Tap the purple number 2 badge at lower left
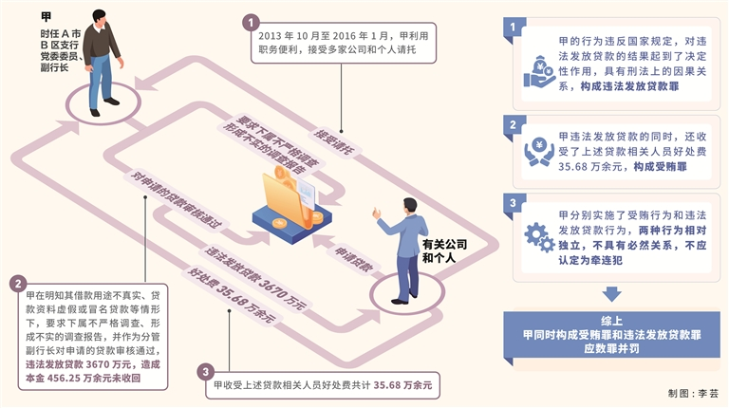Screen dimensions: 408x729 17,284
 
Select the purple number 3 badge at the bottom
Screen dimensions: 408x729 207,371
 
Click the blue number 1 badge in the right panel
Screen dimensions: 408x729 513,28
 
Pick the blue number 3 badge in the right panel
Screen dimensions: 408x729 513,203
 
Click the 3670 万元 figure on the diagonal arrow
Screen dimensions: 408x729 281,290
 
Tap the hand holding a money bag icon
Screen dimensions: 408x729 538,68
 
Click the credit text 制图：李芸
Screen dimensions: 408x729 692,391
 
